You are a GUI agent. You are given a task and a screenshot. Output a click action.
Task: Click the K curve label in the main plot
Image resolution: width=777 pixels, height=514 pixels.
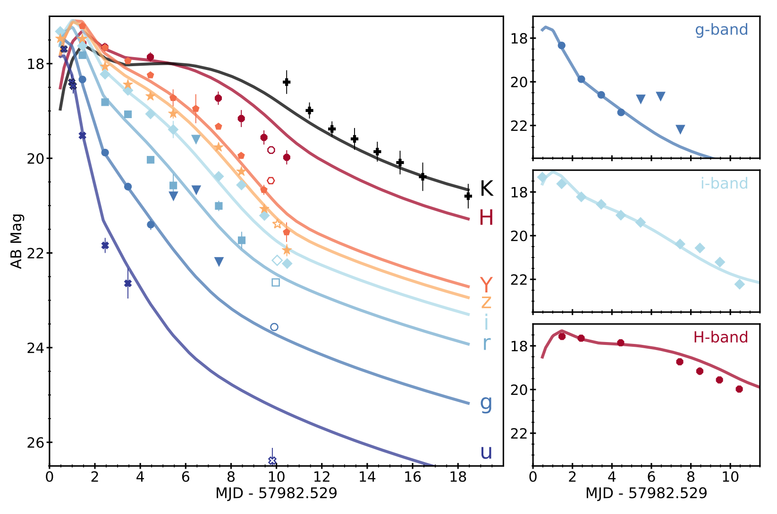click(486, 188)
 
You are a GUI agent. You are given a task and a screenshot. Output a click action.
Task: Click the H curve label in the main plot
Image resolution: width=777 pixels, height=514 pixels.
click(486, 218)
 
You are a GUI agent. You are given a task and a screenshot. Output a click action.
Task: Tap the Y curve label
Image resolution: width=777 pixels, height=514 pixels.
click(486, 285)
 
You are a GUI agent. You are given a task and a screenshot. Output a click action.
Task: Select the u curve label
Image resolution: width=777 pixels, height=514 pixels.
click(486, 452)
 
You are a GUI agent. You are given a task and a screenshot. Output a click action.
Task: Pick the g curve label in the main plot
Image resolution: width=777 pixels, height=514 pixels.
click(486, 403)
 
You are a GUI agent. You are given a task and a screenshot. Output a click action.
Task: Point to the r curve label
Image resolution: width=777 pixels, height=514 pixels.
click(486, 343)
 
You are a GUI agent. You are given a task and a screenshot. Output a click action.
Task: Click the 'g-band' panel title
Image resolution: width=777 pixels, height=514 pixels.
click(721, 30)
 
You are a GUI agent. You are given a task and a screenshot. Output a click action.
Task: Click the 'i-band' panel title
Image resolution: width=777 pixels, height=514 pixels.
click(724, 183)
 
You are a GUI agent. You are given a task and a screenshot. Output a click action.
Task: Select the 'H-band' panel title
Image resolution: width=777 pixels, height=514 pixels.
click(720, 337)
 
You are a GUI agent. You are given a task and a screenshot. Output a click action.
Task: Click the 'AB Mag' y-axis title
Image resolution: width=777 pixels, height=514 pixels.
click(17, 241)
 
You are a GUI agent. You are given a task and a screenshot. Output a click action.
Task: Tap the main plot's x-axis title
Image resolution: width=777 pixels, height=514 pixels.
click(276, 494)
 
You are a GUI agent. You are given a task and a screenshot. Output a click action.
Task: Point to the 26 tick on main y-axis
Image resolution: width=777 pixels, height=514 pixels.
click(35, 443)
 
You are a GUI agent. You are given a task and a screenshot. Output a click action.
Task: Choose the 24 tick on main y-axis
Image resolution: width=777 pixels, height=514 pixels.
click(35, 348)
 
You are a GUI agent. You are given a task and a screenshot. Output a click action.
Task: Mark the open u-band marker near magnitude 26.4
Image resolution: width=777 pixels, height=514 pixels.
click(272, 461)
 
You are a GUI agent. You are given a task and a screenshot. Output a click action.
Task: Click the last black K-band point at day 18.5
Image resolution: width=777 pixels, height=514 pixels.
click(468, 196)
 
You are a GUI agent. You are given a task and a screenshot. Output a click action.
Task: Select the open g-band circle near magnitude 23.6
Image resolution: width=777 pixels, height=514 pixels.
click(274, 327)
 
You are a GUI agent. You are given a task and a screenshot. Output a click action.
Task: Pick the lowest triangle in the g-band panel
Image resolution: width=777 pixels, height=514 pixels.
click(680, 129)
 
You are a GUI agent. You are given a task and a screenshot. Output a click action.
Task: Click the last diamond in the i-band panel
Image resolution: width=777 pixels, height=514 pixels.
click(739, 284)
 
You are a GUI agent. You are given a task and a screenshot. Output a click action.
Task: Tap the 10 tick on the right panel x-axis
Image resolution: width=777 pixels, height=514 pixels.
click(730, 477)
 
